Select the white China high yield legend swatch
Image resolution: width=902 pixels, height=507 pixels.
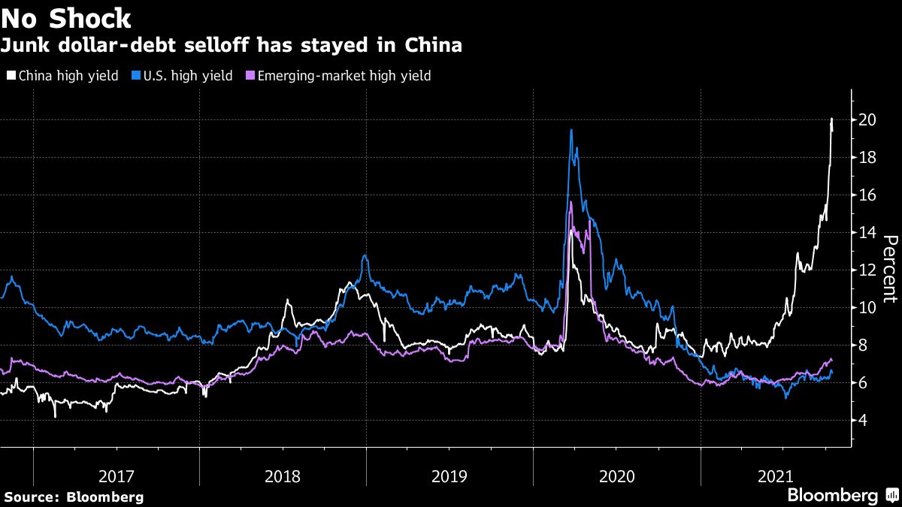(x=10, y=76)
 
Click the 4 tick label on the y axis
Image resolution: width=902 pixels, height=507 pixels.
(x=865, y=421)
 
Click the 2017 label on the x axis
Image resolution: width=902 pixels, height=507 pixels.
(x=116, y=476)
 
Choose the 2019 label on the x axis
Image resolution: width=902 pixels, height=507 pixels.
(x=449, y=476)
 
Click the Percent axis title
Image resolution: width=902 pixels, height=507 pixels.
(x=889, y=268)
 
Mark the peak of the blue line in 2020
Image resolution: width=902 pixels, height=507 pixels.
(x=571, y=130)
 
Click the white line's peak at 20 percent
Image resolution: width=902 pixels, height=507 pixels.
(x=831, y=119)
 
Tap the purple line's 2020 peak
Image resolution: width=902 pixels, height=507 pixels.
(x=571, y=202)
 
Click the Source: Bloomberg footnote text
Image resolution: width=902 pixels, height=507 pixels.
(x=73, y=497)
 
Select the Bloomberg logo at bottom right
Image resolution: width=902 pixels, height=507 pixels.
(x=832, y=496)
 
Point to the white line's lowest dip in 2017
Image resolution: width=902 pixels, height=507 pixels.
(x=55, y=416)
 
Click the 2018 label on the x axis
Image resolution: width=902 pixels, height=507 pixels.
(x=283, y=476)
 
